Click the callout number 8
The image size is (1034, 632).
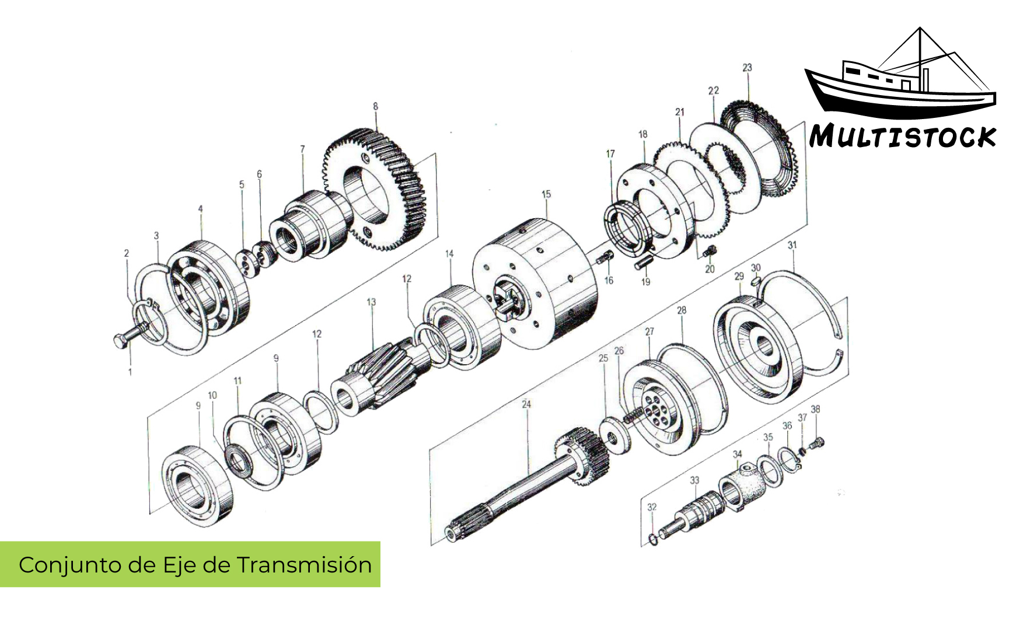tap(375, 106)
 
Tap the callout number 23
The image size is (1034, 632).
tap(747, 68)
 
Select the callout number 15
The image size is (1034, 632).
tap(546, 194)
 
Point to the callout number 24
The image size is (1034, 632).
tap(526, 404)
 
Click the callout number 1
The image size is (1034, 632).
tap(130, 372)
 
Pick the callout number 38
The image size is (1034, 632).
tap(815, 410)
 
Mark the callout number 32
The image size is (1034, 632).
tap(652, 507)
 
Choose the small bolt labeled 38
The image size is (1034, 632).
tap(817, 444)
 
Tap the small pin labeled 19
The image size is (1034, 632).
tap(643, 263)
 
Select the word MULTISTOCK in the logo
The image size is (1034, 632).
tap(902, 137)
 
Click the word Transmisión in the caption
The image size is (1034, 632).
tap(304, 565)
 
